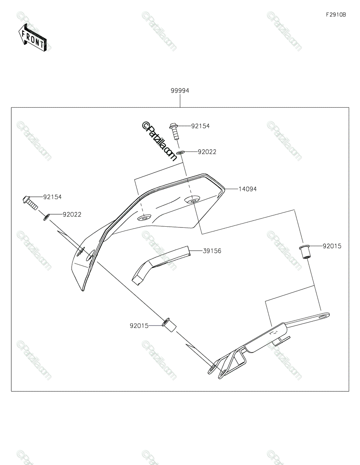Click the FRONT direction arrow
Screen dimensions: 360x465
pos(32,38)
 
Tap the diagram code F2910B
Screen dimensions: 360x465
pos(336,15)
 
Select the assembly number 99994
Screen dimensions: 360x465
pos(180,91)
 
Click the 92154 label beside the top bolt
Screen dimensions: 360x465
pos(200,126)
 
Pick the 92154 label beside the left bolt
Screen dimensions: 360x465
pos(52,197)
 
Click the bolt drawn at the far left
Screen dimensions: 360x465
pos(30,203)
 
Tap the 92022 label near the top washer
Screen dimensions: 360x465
pos(207,152)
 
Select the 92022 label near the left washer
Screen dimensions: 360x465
pos(72,214)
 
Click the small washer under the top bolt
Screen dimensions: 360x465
pos(180,152)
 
